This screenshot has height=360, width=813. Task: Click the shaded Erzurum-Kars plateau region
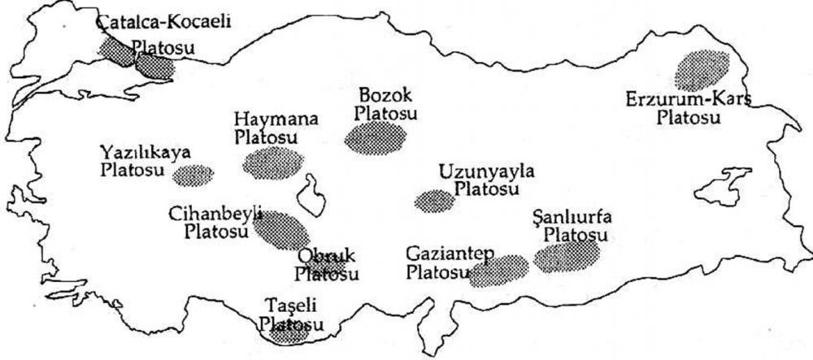coord(703,70)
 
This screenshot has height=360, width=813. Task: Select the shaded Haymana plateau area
coord(272,163)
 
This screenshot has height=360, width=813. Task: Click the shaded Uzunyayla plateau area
coord(433,201)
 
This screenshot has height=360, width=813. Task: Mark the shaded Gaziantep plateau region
coord(498,271)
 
